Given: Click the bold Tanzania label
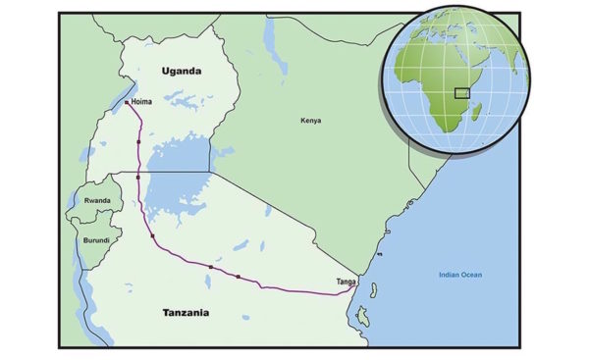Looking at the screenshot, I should point(187,312).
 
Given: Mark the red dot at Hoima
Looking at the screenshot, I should point(127,101).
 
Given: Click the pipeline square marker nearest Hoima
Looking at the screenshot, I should point(139,143).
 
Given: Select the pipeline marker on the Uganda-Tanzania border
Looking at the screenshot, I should point(138,177).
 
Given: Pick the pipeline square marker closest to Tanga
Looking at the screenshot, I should point(238,277).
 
